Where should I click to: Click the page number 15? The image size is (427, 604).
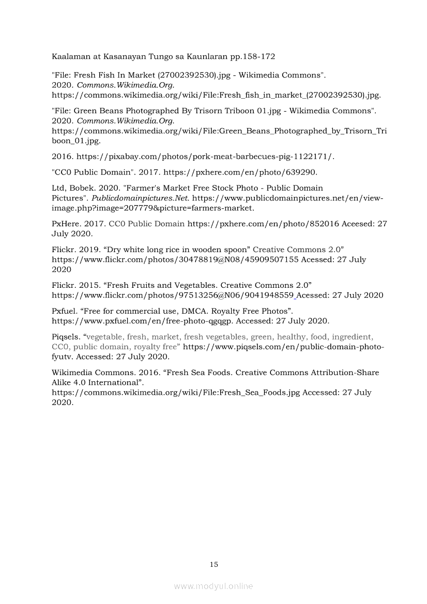pos(213,564)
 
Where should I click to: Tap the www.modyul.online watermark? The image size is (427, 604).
pos(213,586)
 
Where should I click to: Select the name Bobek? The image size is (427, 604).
pos(79,188)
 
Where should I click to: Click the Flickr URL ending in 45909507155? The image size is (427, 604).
pos(175,259)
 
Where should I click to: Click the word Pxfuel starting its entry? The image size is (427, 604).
pos(64,311)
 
